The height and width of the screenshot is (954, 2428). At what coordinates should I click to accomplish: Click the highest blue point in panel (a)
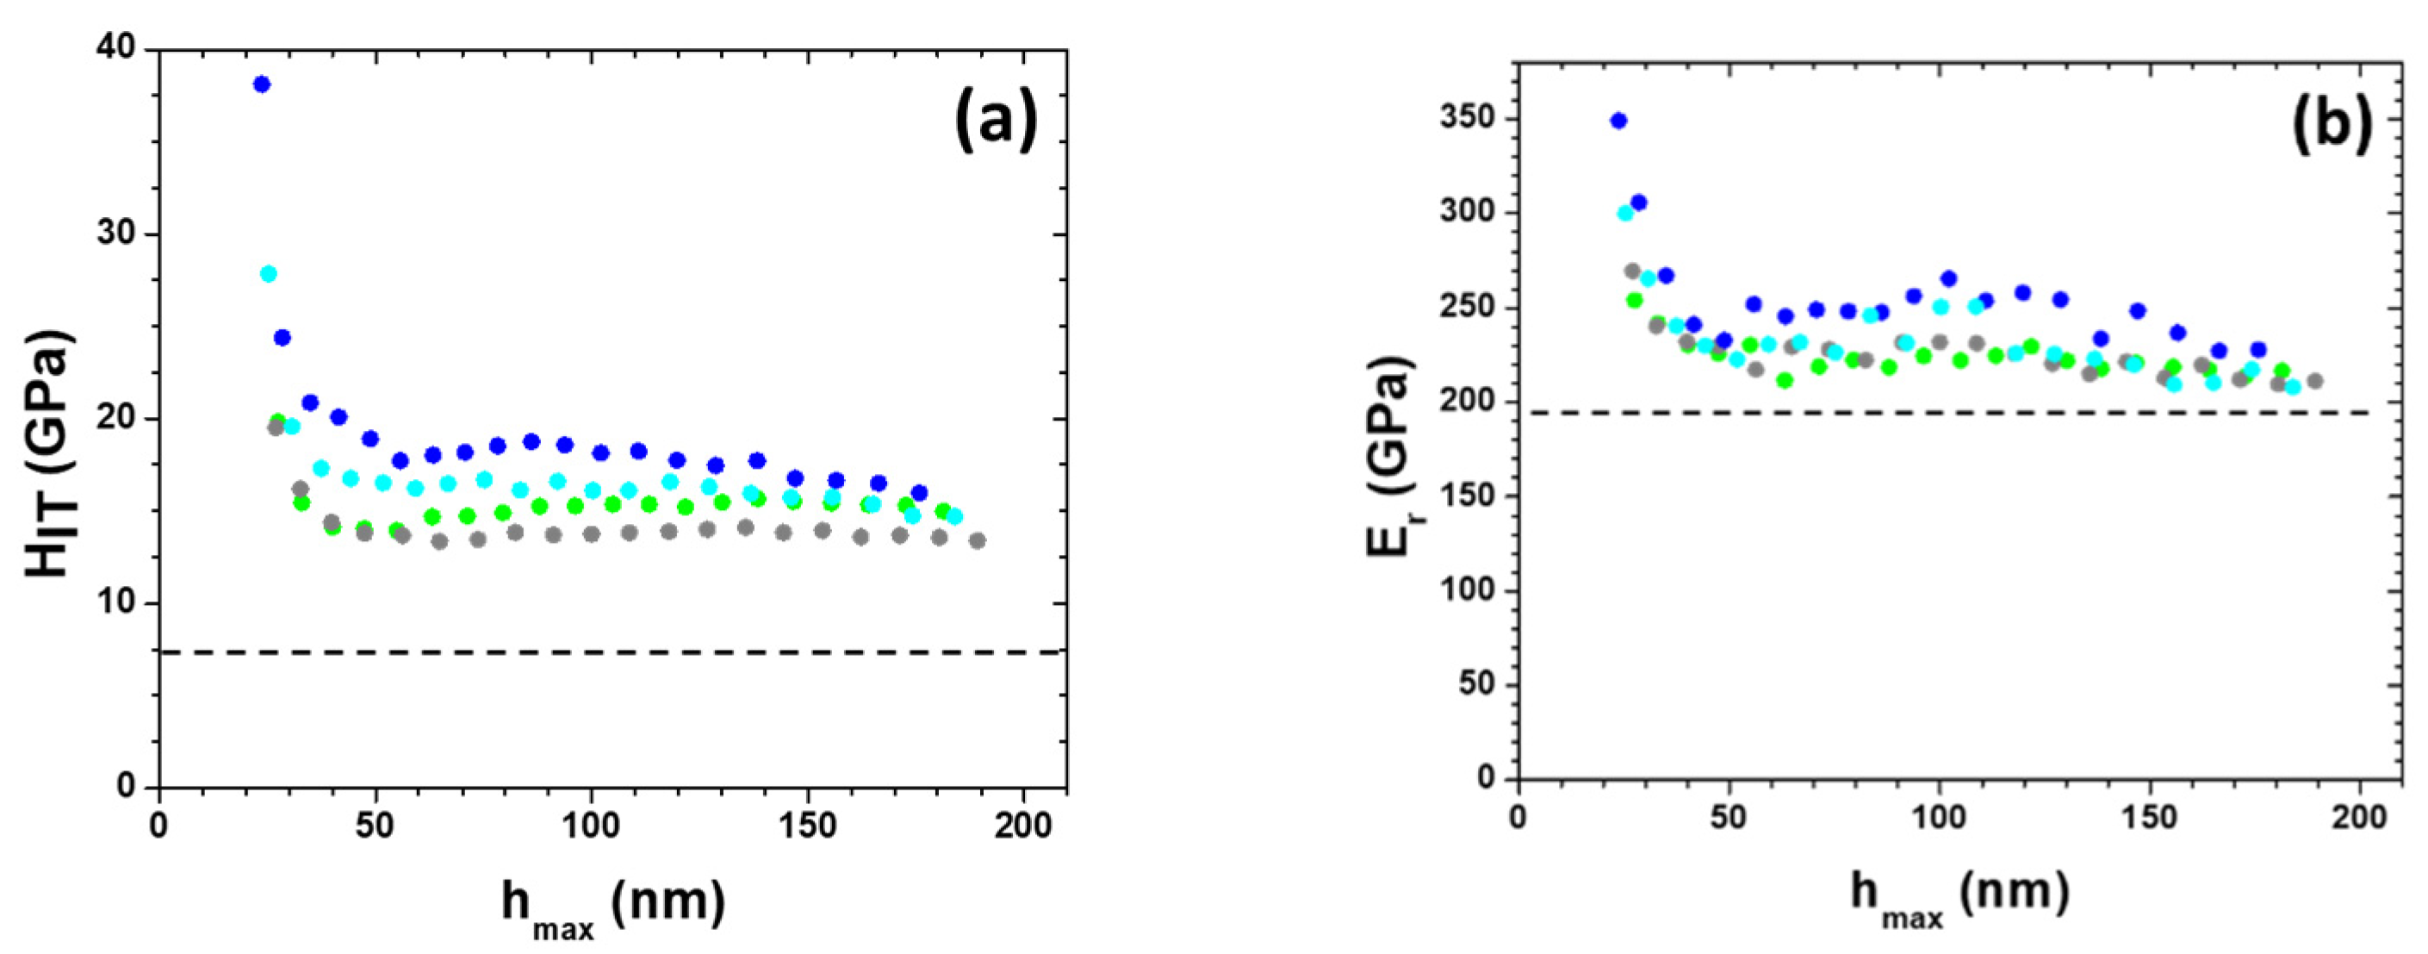click(x=262, y=84)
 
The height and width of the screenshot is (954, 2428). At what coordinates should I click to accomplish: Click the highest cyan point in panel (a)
click(x=269, y=274)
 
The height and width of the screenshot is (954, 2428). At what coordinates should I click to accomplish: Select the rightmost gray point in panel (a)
click(x=978, y=541)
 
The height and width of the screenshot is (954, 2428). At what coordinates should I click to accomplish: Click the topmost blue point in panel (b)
click(x=1619, y=121)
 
